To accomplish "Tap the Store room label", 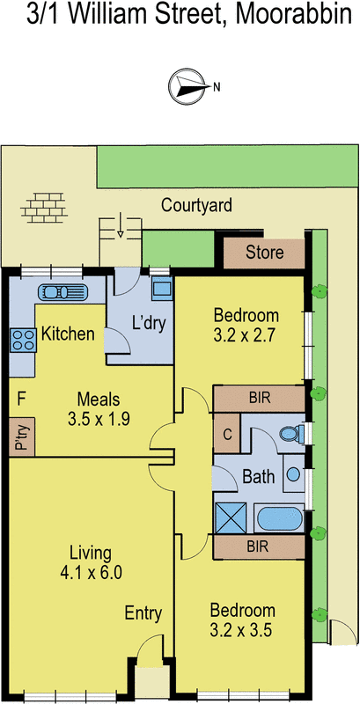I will click(x=264, y=253).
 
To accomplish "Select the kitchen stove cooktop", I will click(x=21, y=339).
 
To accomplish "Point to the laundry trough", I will click(x=161, y=289).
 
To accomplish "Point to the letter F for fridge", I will click(x=19, y=400).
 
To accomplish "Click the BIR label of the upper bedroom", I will click(x=258, y=398).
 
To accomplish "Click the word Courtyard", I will click(x=196, y=206).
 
